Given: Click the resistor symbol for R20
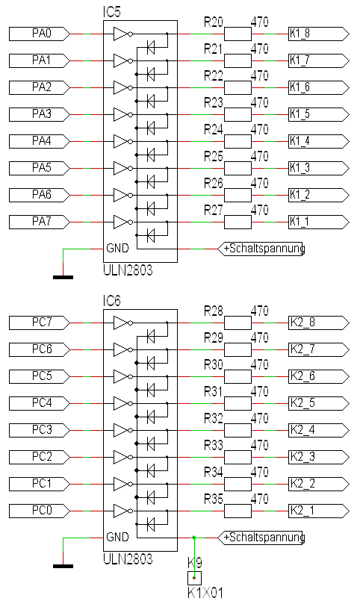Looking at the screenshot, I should click(x=238, y=34).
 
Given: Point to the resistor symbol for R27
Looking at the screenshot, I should click(x=238, y=222).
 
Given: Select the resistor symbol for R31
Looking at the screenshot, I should click(x=238, y=403).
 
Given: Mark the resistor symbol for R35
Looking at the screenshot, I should click(x=238, y=511).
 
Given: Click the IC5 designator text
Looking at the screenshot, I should click(x=111, y=12).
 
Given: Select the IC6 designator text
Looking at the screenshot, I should click(x=111, y=301).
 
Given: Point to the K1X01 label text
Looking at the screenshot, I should click(x=204, y=594).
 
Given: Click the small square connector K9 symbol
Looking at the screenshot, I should click(x=194, y=577).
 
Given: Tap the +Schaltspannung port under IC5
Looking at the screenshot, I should click(x=261, y=249).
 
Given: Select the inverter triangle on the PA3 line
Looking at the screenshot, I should click(x=120, y=114).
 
